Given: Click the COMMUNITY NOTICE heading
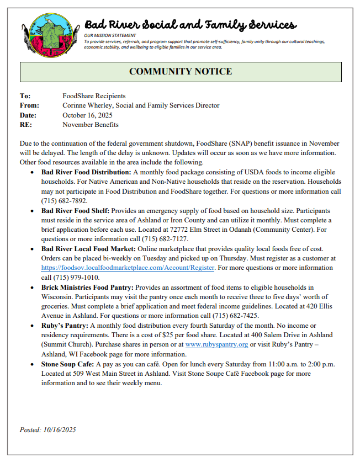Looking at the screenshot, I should click(181, 72).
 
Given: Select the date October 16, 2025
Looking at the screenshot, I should click(87, 115).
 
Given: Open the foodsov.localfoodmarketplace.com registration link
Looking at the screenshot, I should click(128, 268).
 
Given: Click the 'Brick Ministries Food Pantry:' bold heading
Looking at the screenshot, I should click(87, 288).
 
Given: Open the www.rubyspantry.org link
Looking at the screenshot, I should click(216, 344).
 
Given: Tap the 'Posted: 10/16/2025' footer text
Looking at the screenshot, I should click(49, 429).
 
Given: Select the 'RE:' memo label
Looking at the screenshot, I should click(25, 125).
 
